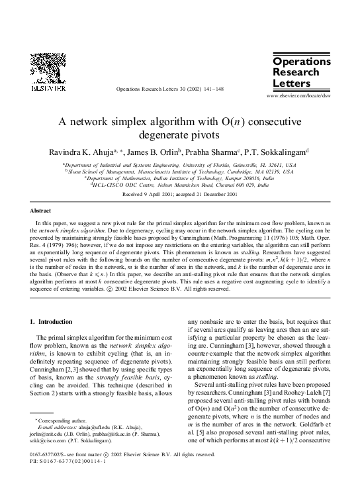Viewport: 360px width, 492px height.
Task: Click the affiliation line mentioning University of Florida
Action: click(x=179, y=164)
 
